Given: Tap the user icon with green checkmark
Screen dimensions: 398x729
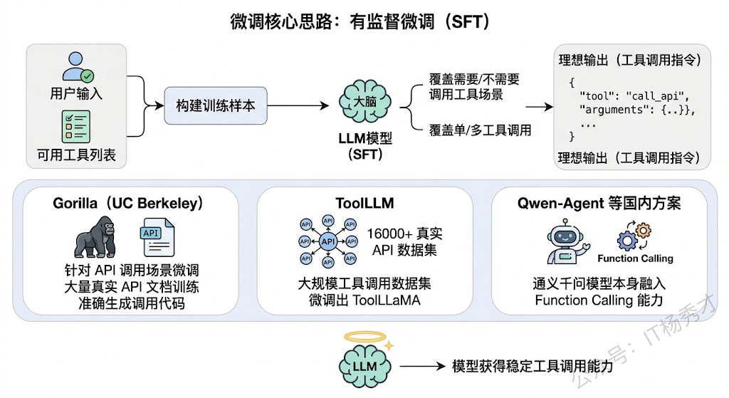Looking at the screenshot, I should click(x=76, y=67).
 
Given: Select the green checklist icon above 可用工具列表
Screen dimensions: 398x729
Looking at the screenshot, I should click(x=76, y=127).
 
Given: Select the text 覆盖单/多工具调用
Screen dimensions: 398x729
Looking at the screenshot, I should click(x=480, y=130).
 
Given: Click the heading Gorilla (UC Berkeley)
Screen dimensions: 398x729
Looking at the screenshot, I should click(x=128, y=204).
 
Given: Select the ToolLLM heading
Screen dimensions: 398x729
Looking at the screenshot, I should click(x=364, y=204).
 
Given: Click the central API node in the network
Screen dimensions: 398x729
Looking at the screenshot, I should click(x=327, y=241).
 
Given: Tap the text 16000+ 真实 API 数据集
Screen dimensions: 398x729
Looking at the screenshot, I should click(x=407, y=241).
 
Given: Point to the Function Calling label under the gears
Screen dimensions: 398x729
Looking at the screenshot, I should click(x=635, y=258).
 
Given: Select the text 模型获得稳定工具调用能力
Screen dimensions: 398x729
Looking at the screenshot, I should click(x=532, y=366).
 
